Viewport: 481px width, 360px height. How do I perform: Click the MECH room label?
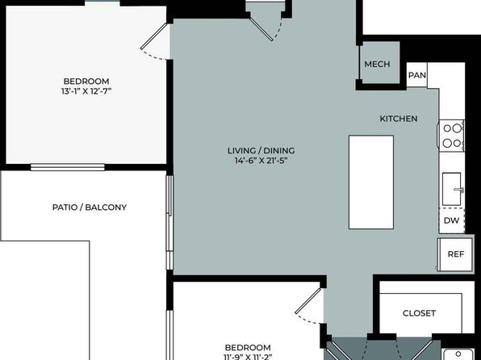coord(377,64)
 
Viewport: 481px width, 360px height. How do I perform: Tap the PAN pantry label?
coord(417,75)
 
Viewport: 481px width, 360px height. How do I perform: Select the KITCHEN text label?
coord(399,119)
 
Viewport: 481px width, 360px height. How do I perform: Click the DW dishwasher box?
coord(452,220)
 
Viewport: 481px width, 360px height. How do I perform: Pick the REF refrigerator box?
coord(455,254)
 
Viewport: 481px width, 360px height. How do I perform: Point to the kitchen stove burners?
coord(452,136)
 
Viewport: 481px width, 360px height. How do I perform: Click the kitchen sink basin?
coord(452,189)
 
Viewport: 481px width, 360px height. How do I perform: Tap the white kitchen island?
coord(371,182)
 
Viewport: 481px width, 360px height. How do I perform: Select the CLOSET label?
coord(419,313)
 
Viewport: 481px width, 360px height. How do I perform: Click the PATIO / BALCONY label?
coord(90,207)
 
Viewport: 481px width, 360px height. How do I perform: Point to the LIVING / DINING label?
coord(261,151)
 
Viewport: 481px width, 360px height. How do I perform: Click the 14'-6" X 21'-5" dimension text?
coord(261,161)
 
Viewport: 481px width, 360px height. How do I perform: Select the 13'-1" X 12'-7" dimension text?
coord(86,91)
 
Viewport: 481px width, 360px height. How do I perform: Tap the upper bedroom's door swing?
coord(154,41)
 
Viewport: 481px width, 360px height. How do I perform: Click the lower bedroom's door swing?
coord(308,306)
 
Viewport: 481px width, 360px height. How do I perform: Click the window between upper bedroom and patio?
coord(68,167)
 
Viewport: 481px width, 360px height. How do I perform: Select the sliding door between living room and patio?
coord(169,223)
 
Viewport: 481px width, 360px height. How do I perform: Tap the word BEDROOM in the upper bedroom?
coord(86,82)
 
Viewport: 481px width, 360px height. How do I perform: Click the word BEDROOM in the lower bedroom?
coord(248,348)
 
